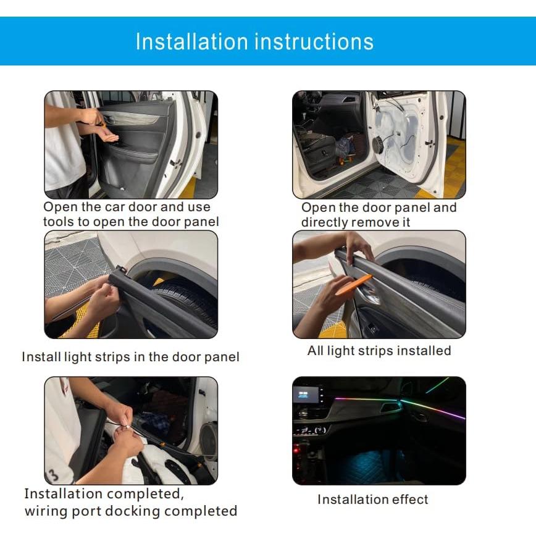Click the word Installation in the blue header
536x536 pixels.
click(192, 41)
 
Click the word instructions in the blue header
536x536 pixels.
click(314, 41)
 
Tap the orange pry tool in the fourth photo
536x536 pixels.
click(351, 285)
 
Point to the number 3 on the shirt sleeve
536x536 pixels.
click(54, 474)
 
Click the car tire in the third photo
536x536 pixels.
click(185, 306)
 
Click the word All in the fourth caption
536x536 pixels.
click(316, 351)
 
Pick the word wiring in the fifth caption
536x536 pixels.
click(45, 511)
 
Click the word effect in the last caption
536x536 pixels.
click(408, 499)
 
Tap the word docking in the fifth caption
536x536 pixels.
click(135, 511)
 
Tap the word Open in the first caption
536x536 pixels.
click(60, 207)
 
